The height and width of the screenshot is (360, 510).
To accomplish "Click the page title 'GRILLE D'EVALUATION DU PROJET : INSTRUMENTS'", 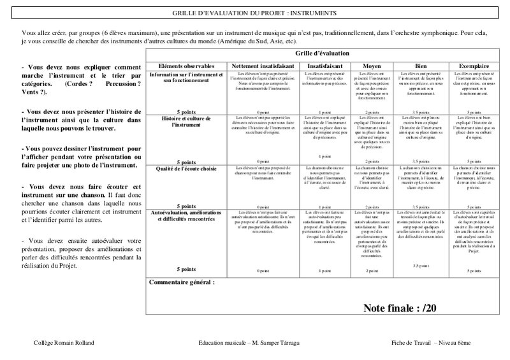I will point(255,13).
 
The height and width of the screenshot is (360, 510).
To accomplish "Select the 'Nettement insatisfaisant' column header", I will point(261,66).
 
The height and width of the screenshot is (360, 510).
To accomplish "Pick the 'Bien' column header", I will point(420,66).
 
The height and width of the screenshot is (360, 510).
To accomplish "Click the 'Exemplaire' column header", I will point(469,66).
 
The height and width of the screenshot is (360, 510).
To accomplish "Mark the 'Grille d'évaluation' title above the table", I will point(319,55).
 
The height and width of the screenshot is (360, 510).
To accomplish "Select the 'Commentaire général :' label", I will point(182,281).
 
